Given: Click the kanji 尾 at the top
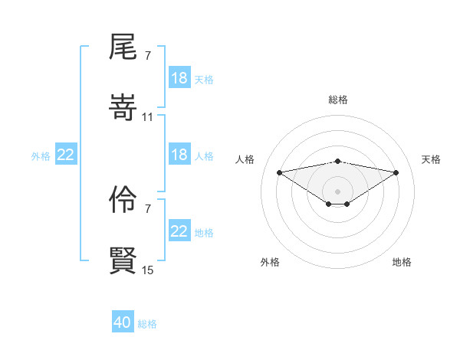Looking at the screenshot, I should (x=123, y=47).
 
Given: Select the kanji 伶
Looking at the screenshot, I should (x=123, y=201).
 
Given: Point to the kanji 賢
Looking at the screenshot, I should (x=123, y=260).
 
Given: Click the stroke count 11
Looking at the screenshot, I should (x=148, y=116).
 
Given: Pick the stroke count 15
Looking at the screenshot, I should (x=148, y=270).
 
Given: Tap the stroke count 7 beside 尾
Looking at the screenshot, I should (x=147, y=56).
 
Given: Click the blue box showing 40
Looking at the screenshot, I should (x=123, y=322).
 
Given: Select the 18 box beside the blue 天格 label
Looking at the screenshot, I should (x=179, y=78).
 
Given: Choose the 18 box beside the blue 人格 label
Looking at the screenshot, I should (x=179, y=155).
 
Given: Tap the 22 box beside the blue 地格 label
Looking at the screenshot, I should (x=179, y=231).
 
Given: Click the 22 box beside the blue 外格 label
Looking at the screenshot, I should (x=66, y=155).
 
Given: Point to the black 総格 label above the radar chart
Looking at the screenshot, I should (x=338, y=100).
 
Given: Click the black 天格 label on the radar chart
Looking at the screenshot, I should (x=431, y=159).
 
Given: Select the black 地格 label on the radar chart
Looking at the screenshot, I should (x=402, y=262).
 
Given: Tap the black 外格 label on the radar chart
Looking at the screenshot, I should (x=270, y=262).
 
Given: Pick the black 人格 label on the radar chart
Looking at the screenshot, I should (x=245, y=159).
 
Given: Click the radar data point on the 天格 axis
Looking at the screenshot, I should (x=396, y=172).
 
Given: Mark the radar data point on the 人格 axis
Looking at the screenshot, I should (x=280, y=172).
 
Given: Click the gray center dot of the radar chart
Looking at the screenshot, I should (x=338, y=191).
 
